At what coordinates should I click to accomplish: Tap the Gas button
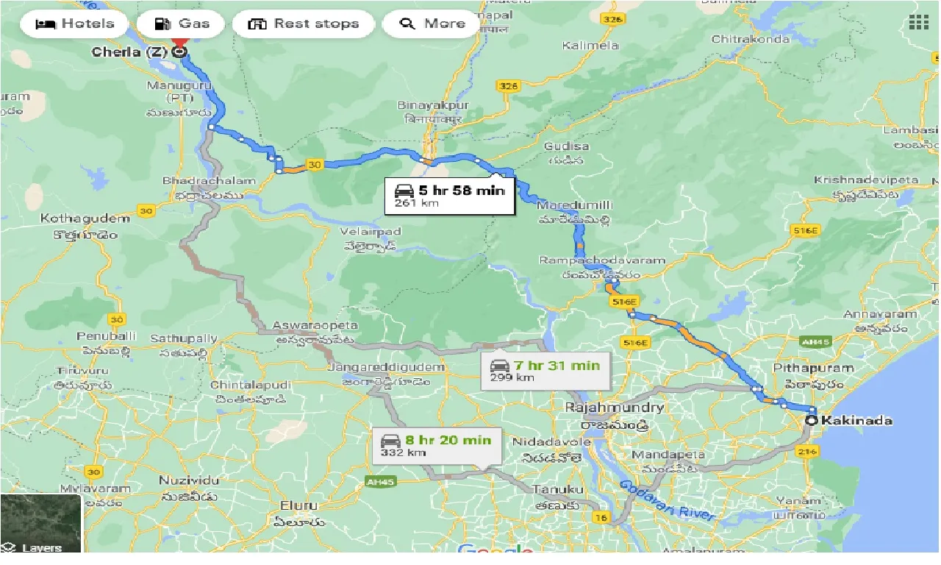[x=182, y=24]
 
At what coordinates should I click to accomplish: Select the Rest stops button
[x=304, y=24]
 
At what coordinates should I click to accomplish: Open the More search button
[x=432, y=24]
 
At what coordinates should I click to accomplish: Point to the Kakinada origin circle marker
[x=811, y=421]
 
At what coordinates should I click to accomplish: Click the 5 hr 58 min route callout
[x=449, y=195]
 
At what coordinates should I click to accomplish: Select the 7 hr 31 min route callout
[x=545, y=370]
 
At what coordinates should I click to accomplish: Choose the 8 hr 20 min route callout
[x=436, y=445]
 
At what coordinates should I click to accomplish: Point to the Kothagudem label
[x=85, y=218]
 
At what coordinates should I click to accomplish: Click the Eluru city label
[x=298, y=505]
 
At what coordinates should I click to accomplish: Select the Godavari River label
[x=667, y=500]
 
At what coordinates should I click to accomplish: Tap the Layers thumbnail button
[x=41, y=523]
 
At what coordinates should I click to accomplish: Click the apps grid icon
[x=918, y=22]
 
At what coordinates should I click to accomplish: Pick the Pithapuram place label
[x=812, y=368]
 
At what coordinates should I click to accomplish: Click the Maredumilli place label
[x=574, y=205]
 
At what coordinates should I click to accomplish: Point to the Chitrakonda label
[x=750, y=39]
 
